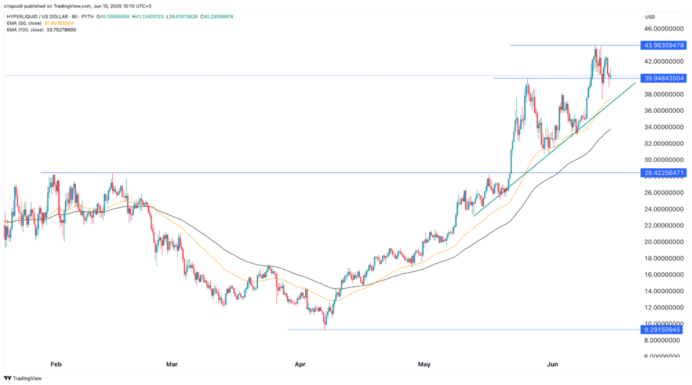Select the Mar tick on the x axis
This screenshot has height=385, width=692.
coord(172,364)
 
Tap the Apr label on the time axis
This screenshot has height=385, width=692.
coord(300,364)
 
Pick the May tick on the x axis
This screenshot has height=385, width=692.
coord(424,364)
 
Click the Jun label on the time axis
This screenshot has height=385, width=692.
coord(553,364)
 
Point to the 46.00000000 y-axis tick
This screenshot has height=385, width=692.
coord(661,29)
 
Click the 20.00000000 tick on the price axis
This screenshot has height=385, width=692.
coord(661,242)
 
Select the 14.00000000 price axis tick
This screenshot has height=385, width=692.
coord(661,291)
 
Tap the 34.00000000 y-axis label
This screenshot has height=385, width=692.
coord(661,127)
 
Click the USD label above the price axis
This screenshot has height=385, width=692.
coord(651,16)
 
